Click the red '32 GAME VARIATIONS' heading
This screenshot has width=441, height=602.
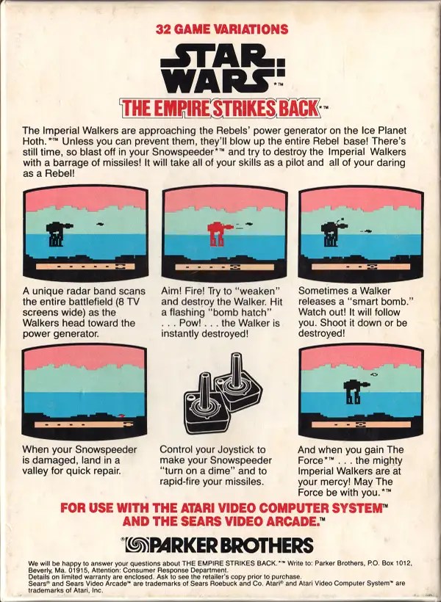pos(222,29)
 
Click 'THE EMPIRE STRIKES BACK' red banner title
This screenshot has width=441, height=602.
pos(220,108)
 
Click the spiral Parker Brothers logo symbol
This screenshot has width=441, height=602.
pos(136,545)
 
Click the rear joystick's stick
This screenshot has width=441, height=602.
pos(236,369)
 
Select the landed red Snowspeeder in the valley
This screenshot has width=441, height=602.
pos(121,416)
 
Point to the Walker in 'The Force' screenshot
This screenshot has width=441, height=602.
pos(356,391)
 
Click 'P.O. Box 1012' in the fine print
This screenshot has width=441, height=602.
pos(390,563)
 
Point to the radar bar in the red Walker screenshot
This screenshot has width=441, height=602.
pos(224,266)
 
